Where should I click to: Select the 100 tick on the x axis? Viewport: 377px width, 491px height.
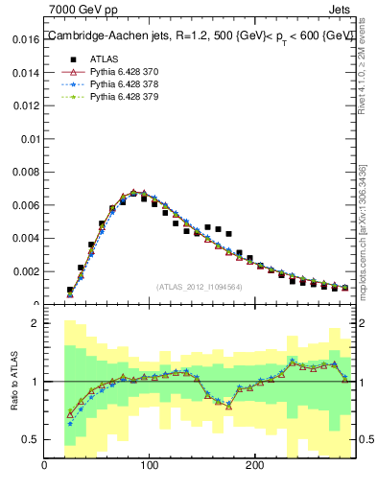149,466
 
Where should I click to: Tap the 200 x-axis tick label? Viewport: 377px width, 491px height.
254,466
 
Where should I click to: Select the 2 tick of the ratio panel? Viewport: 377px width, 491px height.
35,323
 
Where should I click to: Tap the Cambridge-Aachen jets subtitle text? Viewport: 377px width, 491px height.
198,35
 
